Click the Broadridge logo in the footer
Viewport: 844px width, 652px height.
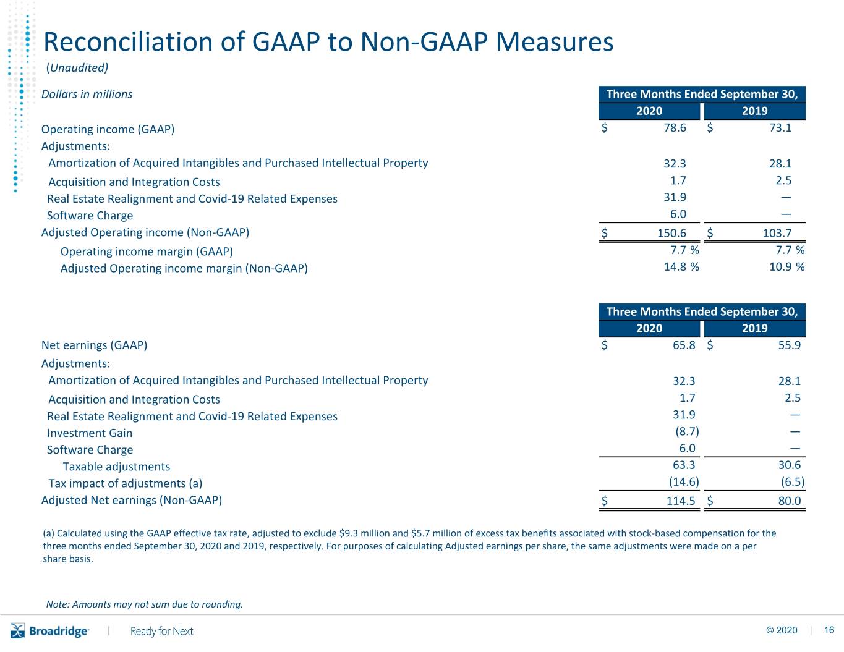pos(49,630)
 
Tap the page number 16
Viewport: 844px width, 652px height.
pos(829,630)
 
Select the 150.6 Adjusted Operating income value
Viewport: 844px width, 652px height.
pos(671,233)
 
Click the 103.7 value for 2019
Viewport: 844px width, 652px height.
pos(777,233)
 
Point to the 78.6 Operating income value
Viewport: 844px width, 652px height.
pos(675,128)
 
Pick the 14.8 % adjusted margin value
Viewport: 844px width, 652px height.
pos(681,266)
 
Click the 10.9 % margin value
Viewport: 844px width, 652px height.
pos(787,266)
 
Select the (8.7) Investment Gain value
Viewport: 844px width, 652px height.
pos(687,431)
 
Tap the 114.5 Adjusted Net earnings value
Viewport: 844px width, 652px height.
pos(681,501)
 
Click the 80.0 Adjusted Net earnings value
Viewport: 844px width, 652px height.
pos(790,501)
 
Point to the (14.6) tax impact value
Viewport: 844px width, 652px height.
pos(684,482)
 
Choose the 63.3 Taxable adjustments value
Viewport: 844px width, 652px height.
pos(684,465)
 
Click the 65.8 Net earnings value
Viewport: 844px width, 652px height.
pos(684,345)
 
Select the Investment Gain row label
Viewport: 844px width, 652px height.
pos(90,433)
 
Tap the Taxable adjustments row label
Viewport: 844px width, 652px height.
pos(116,467)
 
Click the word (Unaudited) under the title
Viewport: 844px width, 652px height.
pos(77,67)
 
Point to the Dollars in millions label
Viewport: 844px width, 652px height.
pos(87,94)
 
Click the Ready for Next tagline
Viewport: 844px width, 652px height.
pos(161,631)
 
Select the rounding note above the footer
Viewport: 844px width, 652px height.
pos(145,604)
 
